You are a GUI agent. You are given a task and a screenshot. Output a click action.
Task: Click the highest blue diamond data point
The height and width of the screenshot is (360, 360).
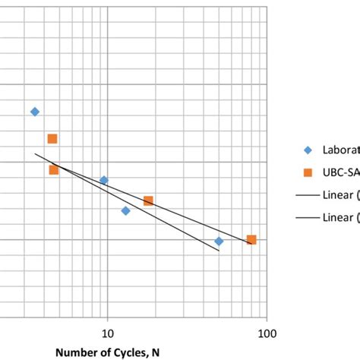pos(34,112)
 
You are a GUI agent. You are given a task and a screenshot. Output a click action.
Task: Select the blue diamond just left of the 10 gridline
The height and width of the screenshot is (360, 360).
pos(104,180)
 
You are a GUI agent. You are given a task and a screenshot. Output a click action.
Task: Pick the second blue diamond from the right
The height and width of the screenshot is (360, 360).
pos(125,210)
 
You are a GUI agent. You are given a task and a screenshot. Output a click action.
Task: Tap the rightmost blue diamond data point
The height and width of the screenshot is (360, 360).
pos(219,241)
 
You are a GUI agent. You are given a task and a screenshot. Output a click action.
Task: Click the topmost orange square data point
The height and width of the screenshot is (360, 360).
pos(52,138)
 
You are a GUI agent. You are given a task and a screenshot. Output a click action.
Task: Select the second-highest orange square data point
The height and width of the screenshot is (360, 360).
pos(53,169)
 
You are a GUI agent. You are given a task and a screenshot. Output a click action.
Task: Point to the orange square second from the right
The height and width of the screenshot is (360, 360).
pos(148,201)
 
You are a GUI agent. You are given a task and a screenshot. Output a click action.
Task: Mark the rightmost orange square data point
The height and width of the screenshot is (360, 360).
pos(251,240)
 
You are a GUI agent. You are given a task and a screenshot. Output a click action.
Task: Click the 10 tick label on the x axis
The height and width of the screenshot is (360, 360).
pos(107,333)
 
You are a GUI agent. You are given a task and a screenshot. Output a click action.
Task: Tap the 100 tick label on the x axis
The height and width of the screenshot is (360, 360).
pos(267,333)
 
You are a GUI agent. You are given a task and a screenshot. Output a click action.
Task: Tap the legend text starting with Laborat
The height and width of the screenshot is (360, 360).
pos(340,150)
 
